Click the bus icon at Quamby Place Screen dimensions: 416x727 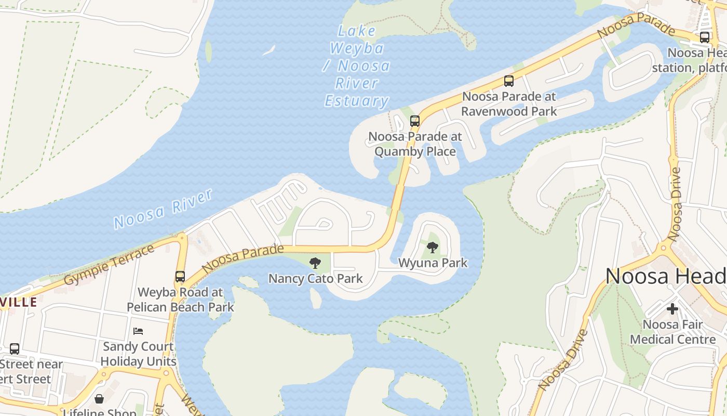[414, 121]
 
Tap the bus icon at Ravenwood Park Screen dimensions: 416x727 [508, 81]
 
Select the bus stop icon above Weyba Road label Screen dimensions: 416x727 [180, 277]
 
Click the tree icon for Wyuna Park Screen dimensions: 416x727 [432, 248]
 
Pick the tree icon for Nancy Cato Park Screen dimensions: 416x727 [315, 263]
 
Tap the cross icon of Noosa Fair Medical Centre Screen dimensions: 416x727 [672, 309]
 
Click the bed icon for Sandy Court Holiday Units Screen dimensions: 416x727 [138, 331]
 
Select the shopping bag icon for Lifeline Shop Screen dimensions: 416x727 [99, 399]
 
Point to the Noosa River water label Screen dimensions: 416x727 [163, 209]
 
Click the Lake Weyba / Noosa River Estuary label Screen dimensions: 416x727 [357, 66]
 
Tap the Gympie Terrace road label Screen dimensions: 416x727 [109, 265]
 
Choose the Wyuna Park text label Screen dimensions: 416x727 [433, 263]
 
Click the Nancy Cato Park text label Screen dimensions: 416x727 [315, 279]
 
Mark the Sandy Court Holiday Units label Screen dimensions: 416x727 [138, 354]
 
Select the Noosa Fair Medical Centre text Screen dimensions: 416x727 [672, 332]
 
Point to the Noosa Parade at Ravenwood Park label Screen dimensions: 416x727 [509, 103]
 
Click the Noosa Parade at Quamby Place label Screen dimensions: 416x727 [415, 144]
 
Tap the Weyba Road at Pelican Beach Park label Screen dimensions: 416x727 [180, 300]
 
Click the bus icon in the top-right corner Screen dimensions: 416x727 [704, 37]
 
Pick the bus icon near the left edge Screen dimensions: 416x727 [15, 349]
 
